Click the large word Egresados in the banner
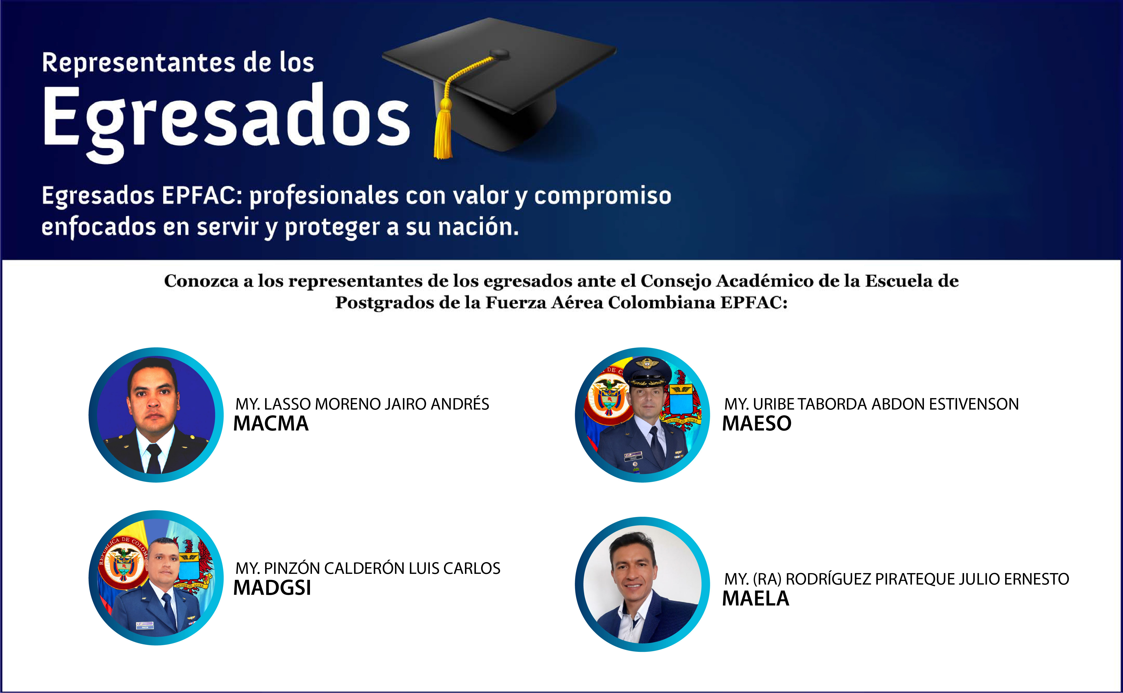[227, 121]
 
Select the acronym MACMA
[271, 424]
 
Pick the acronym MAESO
[757, 424]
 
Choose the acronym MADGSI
[273, 588]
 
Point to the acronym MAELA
[756, 599]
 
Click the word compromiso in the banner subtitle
[603, 196]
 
